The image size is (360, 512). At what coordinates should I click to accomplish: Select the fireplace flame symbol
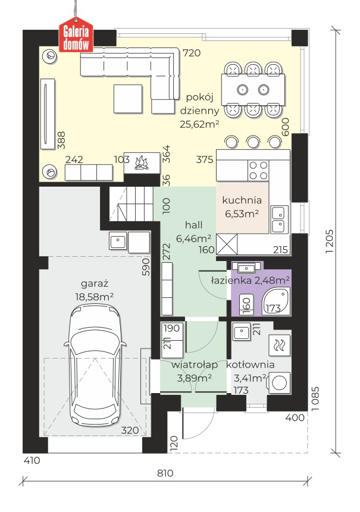[x=142, y=162]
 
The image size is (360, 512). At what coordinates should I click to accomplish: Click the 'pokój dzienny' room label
[x=199, y=104]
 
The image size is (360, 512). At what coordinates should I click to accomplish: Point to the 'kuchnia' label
[x=242, y=200]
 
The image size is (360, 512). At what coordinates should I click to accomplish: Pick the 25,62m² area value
[x=199, y=124]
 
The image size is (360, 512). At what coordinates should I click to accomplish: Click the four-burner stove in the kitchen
[x=258, y=170]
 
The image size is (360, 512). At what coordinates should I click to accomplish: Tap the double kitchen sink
[x=280, y=219]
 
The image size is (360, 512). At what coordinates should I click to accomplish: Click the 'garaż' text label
[x=95, y=284]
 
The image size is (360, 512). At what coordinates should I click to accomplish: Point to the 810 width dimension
[x=165, y=473]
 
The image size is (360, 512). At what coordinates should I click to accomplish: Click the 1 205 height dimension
[x=329, y=241]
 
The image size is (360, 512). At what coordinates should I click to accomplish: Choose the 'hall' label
[x=194, y=225]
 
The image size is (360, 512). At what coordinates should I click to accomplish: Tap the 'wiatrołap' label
[x=195, y=365]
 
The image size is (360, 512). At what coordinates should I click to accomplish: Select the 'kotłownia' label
[x=251, y=365]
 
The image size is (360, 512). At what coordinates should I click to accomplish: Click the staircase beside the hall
[x=131, y=204]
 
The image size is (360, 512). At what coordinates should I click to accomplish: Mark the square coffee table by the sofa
[x=128, y=99]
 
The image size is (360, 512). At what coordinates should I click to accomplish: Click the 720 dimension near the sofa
[x=192, y=53]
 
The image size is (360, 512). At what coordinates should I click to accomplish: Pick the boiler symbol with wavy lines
[x=279, y=345]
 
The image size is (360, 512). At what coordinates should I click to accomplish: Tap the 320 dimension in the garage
[x=130, y=431]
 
